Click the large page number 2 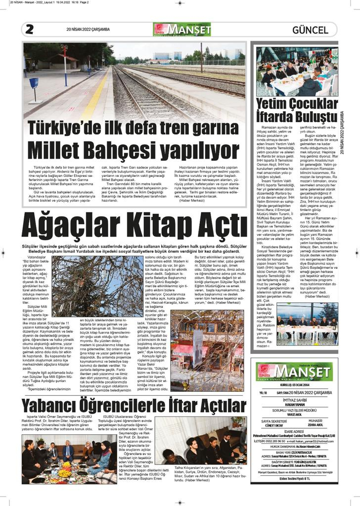pyautogui.click(x=29, y=30)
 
